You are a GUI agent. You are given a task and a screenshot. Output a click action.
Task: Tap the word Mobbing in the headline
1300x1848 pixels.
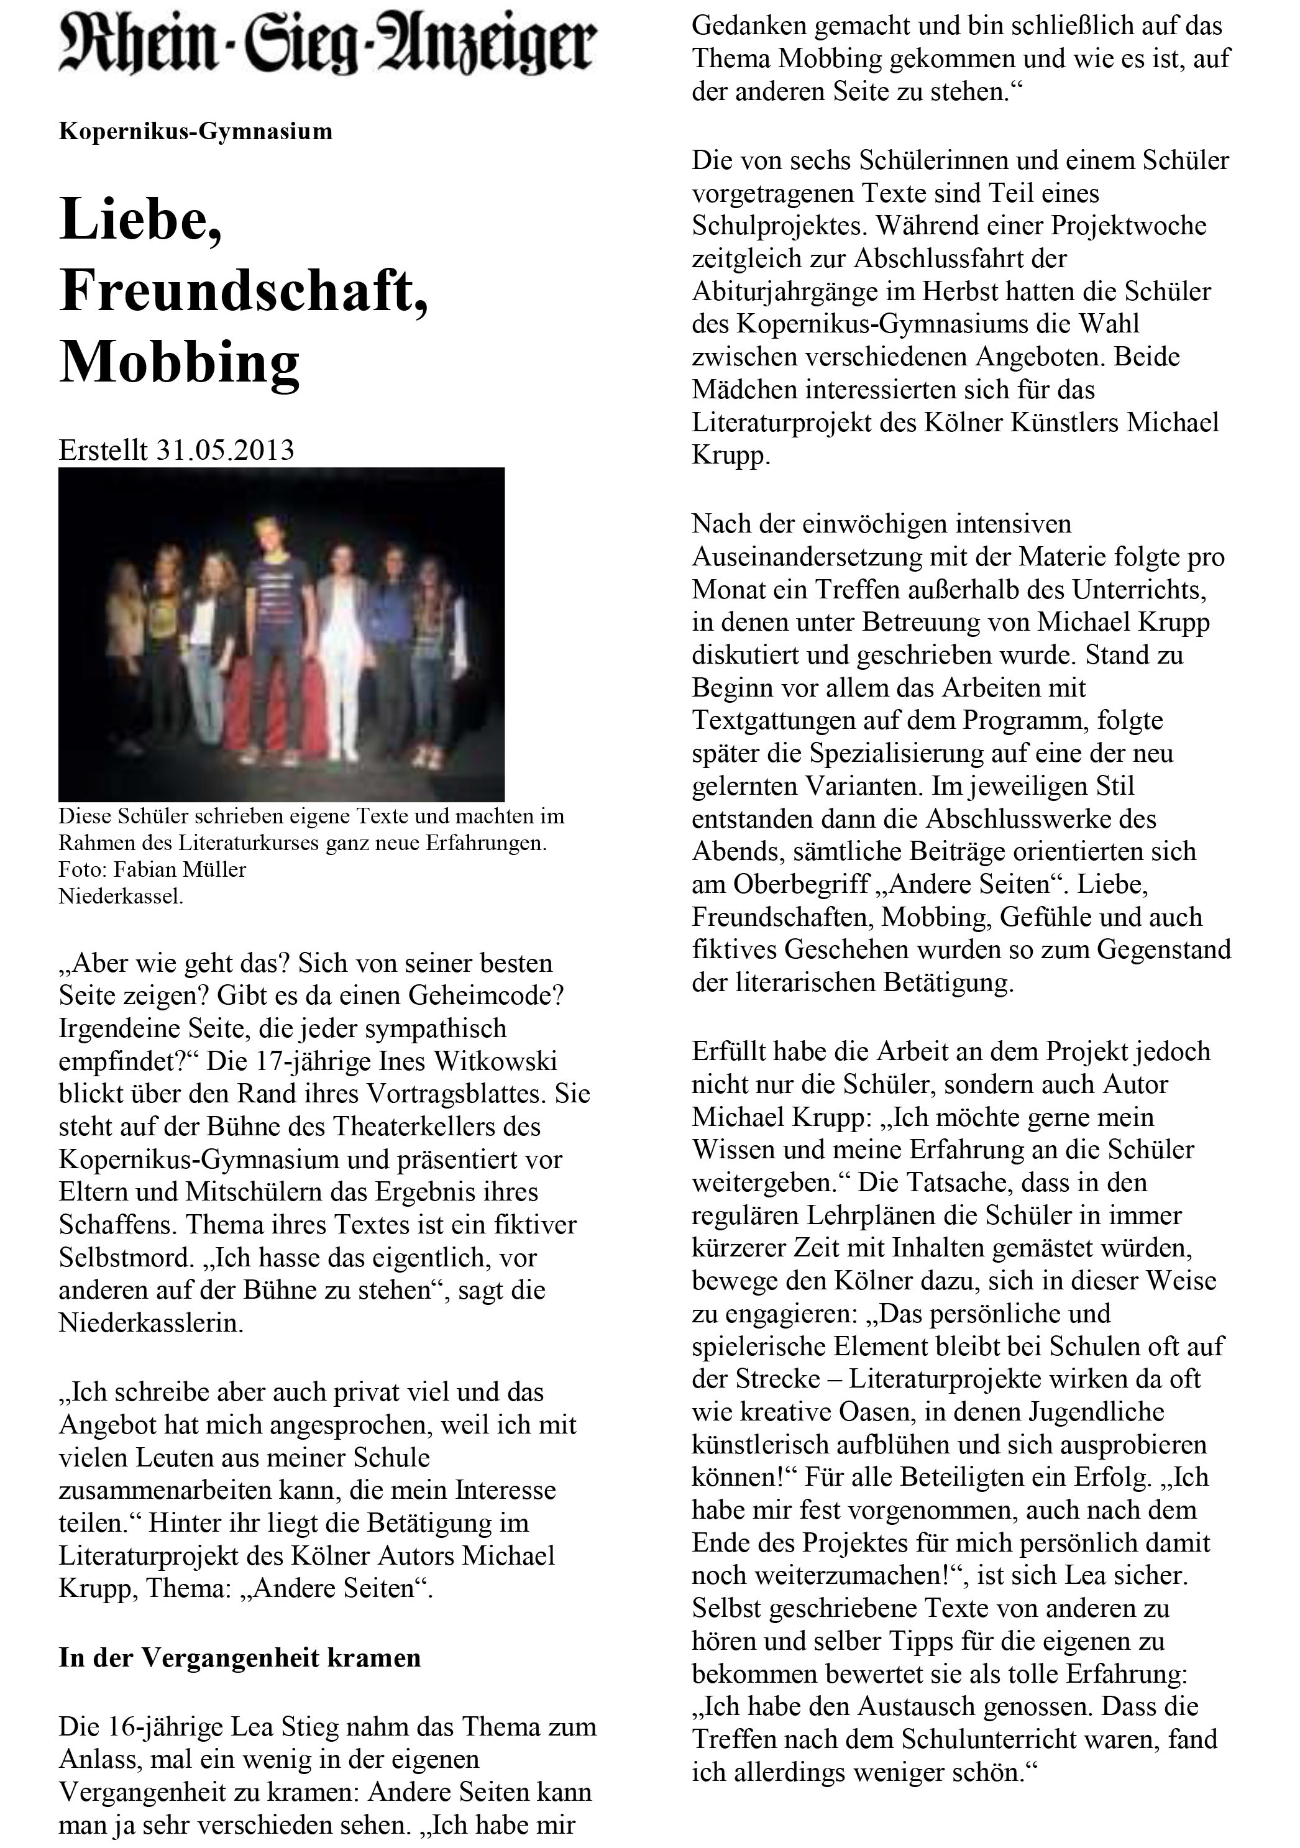click(180, 362)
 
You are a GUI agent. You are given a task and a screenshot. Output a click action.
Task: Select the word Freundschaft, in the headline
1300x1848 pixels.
click(243, 291)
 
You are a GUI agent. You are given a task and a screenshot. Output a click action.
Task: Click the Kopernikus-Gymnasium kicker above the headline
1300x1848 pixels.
click(196, 131)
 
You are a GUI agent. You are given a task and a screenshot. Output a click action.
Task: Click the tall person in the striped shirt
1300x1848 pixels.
click(278, 628)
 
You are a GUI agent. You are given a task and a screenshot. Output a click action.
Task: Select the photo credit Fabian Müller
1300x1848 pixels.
click(180, 869)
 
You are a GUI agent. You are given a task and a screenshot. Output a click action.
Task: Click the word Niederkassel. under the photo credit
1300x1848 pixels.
click(121, 896)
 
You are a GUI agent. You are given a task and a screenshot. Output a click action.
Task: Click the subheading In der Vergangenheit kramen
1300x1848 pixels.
click(240, 1658)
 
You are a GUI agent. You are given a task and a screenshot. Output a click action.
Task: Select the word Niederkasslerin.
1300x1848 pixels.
click(150, 1323)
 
